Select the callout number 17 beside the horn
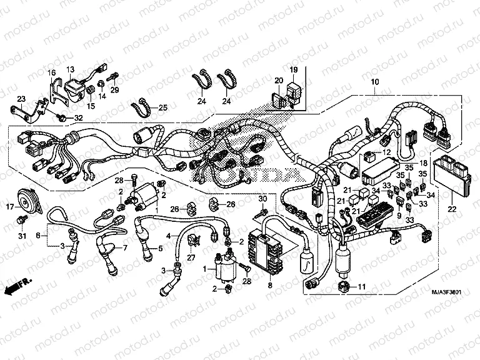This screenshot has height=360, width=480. (10, 206)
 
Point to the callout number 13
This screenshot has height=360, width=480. (70, 69)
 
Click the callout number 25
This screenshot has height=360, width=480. (163, 108)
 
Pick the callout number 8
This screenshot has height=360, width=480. (39, 236)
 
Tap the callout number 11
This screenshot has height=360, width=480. (361, 287)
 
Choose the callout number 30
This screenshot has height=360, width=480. (263, 199)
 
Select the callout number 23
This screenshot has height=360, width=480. (21, 99)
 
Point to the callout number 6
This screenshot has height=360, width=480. (39, 236)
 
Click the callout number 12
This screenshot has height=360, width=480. (386, 152)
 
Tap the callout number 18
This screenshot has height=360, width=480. (414, 162)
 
